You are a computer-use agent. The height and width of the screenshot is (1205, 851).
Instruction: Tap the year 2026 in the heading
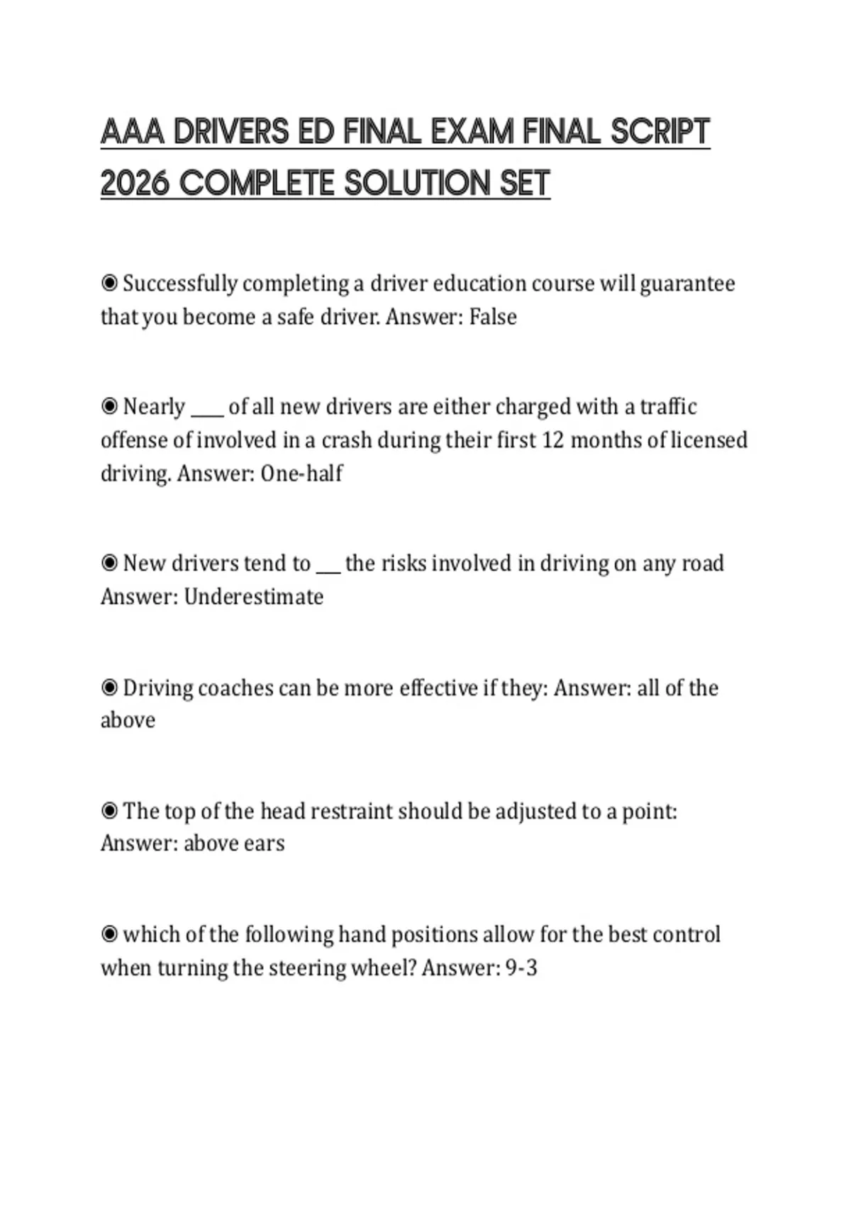[x=135, y=184]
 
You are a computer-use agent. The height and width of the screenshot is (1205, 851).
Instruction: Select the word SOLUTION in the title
[x=416, y=184]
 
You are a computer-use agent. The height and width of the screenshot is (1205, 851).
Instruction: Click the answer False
[x=493, y=317]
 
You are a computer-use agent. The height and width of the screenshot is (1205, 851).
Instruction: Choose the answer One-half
[x=301, y=473]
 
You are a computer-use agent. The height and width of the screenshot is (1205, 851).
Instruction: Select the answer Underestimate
[x=253, y=597]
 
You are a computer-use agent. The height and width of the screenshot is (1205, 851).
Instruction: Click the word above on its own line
[x=128, y=720]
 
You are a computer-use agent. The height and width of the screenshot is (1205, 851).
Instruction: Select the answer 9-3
[x=521, y=968]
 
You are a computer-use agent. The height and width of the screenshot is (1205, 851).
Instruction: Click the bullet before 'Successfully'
[x=109, y=284]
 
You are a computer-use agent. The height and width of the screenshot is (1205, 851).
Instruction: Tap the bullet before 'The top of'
[x=109, y=810]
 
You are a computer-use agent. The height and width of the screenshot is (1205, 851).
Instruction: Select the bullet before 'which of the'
[x=109, y=934]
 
